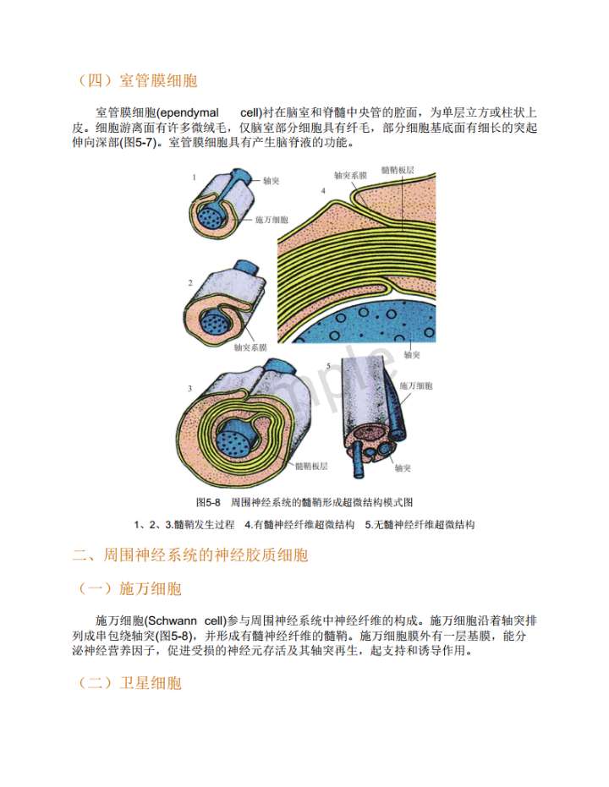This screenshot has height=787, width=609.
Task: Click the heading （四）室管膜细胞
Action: [x=135, y=80]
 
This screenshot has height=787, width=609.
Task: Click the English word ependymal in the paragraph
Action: [x=189, y=113]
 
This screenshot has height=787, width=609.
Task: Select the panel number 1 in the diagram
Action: [x=195, y=178]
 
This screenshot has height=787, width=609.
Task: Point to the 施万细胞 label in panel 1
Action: [x=272, y=220]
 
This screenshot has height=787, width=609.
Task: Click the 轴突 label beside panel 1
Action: [x=271, y=181]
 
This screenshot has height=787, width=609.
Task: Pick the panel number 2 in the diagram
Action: [x=190, y=283]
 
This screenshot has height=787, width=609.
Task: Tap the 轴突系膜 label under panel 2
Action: [x=250, y=347]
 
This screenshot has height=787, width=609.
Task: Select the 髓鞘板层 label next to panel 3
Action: [x=311, y=467]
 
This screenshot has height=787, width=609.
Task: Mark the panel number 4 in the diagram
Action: [x=323, y=191]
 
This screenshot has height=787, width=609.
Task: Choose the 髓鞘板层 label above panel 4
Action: [x=398, y=170]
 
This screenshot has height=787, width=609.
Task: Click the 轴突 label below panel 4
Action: [x=412, y=355]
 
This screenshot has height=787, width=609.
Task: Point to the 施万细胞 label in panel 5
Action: [x=416, y=385]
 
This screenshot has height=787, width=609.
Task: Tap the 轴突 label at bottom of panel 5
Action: [x=403, y=468]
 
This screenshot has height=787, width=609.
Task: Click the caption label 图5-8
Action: [x=208, y=502]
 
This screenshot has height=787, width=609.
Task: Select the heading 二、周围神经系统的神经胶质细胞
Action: [x=190, y=555]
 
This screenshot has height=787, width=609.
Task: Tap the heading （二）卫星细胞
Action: [x=128, y=683]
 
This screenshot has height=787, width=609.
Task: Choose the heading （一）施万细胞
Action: [x=128, y=588]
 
